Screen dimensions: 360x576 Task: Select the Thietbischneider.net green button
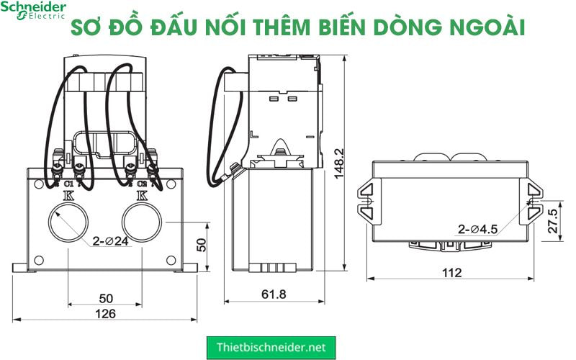(x=271, y=347)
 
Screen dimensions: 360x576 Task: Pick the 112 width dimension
(x=452, y=273)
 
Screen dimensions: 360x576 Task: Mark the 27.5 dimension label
(x=553, y=220)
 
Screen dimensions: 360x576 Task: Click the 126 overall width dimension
(x=107, y=313)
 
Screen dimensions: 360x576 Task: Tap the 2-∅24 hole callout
(x=110, y=241)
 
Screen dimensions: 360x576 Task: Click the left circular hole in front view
(x=68, y=222)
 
